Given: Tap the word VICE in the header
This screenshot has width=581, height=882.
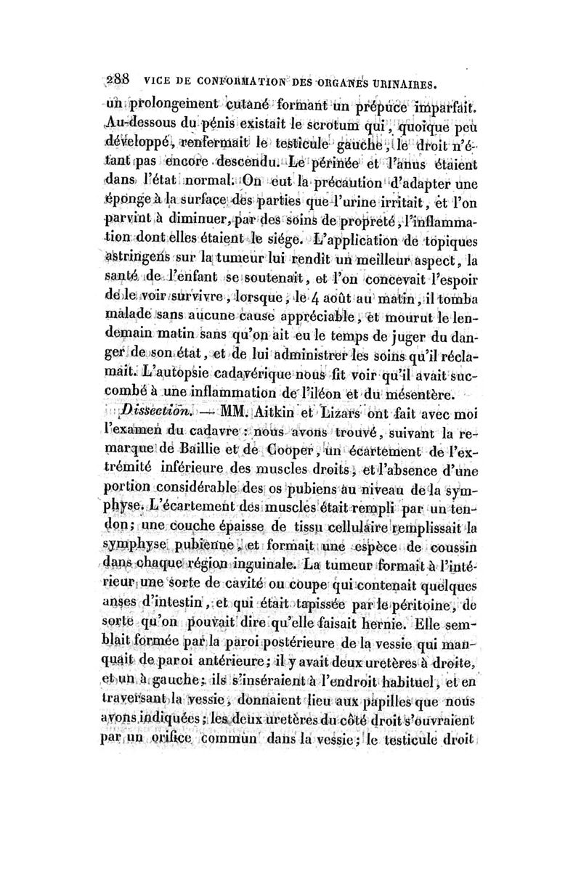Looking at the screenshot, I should [x=158, y=83].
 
